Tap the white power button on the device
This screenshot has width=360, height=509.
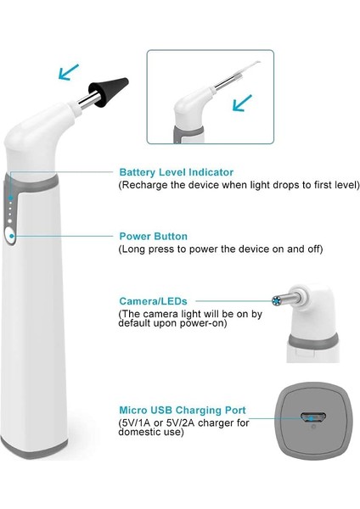coord(11,235)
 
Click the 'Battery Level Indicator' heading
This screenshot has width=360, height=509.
coord(177,172)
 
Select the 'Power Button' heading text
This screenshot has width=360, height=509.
coord(154,236)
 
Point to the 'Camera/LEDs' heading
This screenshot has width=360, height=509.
coord(153,301)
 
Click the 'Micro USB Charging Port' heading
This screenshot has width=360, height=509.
coord(183,410)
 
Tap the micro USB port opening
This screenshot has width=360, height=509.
coord(313,417)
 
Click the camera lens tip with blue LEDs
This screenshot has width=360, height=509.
coord(277,301)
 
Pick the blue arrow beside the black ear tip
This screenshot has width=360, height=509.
coord(68,72)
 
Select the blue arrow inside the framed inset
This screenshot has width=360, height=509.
coord(242,103)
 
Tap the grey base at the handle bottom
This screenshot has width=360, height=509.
coord(33,446)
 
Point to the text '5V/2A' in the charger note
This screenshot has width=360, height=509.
coord(181,423)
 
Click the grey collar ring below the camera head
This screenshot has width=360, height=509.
coord(313,341)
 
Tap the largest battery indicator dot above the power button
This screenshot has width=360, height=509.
coord(9,221)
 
